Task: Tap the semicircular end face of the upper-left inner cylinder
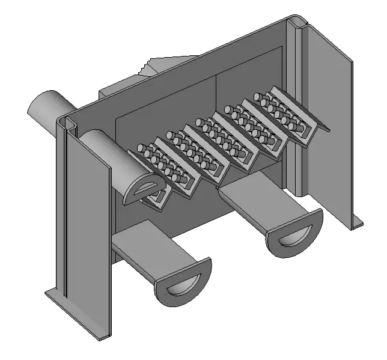coord(143,190)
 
